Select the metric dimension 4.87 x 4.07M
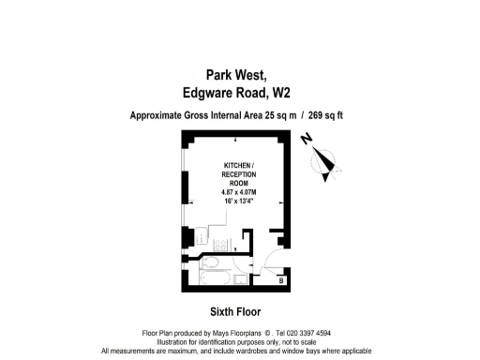[237, 192]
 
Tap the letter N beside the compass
[307, 141]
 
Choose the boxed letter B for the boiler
[282, 279]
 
